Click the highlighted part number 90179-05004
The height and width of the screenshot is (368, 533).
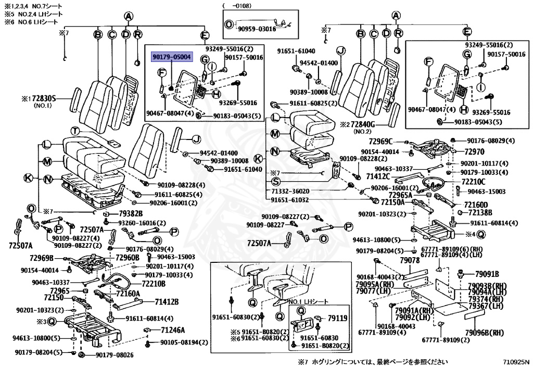click(x=172, y=57)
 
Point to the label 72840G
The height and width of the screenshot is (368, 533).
click(x=370, y=125)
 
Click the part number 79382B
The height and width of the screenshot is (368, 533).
click(x=130, y=214)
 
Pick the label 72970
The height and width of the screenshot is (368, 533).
click(x=474, y=151)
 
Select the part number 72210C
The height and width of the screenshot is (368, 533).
click(x=473, y=182)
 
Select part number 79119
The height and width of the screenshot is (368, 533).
click(x=337, y=318)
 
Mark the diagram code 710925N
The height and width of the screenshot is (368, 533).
click(x=515, y=361)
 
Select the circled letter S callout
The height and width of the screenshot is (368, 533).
click(x=276, y=182)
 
